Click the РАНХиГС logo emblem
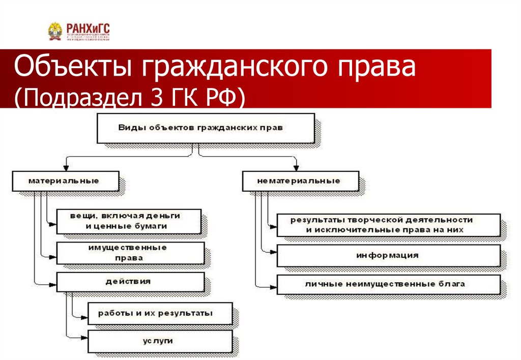(54, 32)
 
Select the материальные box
(64, 181)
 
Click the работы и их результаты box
(160, 313)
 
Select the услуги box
(160, 341)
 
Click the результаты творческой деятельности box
(389, 224)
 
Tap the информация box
(389, 255)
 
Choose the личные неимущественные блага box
(389, 284)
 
